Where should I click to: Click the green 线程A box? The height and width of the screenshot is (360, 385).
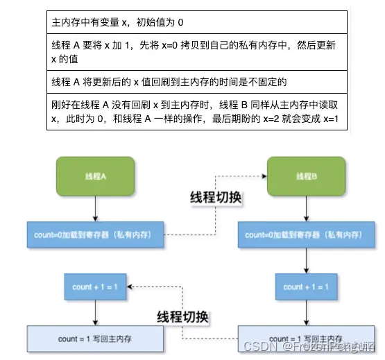pos(94,177)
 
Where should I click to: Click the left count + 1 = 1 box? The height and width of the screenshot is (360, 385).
pos(95,286)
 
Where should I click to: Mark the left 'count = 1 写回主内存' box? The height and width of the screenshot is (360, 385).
pos(95,338)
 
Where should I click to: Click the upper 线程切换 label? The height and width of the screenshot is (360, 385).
pos(215,198)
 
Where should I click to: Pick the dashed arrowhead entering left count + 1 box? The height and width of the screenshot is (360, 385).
pos(132,286)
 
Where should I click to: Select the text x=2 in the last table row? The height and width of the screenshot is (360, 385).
pos(287,118)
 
